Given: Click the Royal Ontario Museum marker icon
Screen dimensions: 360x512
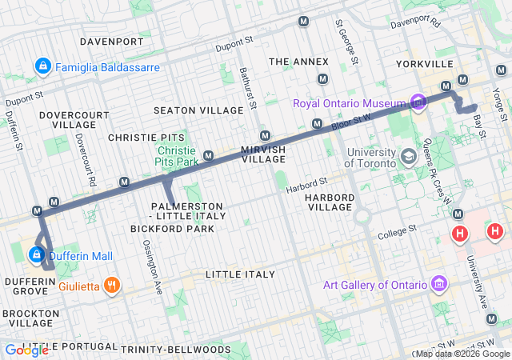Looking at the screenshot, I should click(417, 102).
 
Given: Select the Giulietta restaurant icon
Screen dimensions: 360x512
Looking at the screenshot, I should click(112, 284).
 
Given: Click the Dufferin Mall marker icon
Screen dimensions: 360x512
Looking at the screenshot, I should click(36, 255).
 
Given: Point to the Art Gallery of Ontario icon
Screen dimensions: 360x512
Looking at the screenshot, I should click(438, 285).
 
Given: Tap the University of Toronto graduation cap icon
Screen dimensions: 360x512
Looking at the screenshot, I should click(409, 156).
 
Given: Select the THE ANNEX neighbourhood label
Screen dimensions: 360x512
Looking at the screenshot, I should click(298, 62).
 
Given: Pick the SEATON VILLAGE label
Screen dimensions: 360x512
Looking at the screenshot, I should click(198, 110).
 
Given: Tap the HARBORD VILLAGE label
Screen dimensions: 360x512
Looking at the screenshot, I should click(330, 201).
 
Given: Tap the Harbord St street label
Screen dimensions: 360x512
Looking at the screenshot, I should click(306, 186).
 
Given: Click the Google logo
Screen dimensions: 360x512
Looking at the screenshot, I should click(26, 350).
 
